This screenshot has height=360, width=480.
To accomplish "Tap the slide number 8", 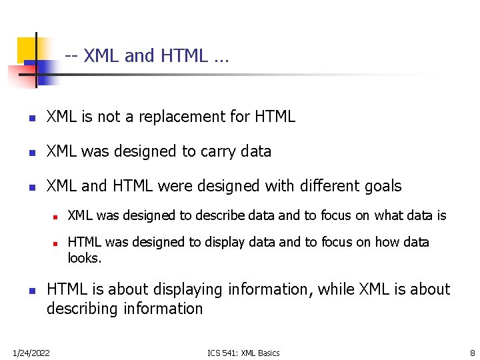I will coord(472,353).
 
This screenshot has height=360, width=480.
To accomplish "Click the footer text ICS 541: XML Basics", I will coord(244,353).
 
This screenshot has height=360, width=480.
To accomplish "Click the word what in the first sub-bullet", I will coord(388,216).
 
